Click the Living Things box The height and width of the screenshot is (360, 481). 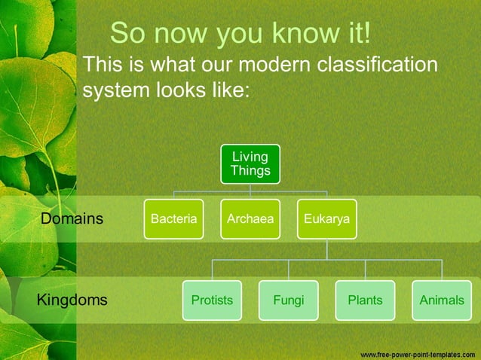250,163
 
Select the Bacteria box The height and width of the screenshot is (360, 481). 173,219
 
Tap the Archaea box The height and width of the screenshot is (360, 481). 250,219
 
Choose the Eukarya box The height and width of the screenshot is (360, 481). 326,219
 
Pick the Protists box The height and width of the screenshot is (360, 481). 212,300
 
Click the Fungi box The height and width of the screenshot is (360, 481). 289,300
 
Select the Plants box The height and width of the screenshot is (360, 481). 365,300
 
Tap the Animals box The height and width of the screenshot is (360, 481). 442,300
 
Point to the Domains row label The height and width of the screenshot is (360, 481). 72,219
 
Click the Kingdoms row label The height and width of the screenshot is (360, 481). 72,300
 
